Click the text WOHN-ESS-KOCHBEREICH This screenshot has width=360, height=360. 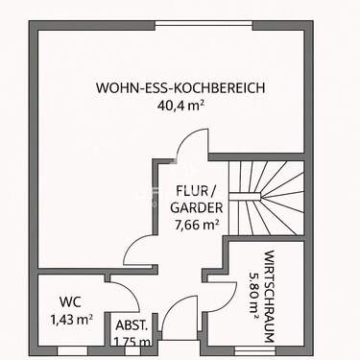click(x=180, y=88)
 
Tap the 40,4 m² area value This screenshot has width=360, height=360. click(x=180, y=107)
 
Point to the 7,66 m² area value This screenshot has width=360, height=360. click(x=198, y=226)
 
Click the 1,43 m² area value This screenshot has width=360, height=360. click(x=70, y=318)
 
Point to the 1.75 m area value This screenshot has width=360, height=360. click(x=132, y=342)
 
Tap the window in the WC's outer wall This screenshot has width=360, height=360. click(x=72, y=351)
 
